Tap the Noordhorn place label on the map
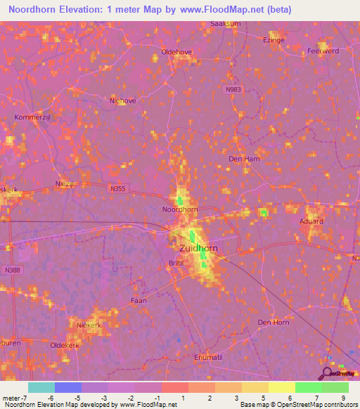tap(181, 209)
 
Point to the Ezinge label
tap(274, 41)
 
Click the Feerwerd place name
tap(323, 51)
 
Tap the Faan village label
tap(139, 300)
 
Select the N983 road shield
tap(234, 89)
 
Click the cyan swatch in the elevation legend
tap(41, 387)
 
